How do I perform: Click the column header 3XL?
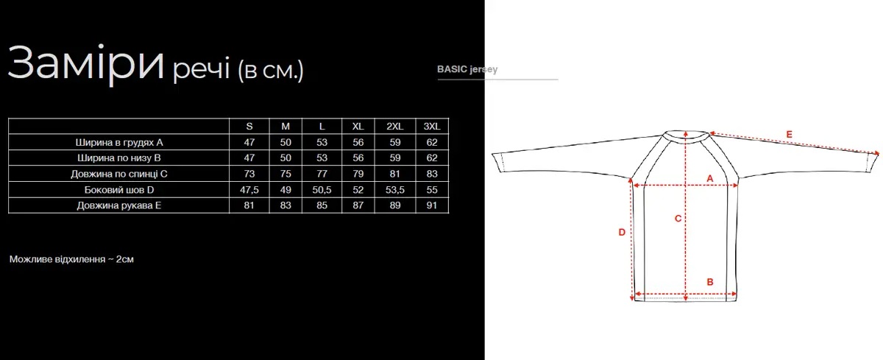pos(432,126)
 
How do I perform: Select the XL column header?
pos(358,126)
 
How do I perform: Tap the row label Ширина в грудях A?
pos(119,142)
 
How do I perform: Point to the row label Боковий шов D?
pos(119,190)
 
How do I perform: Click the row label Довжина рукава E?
pos(119,205)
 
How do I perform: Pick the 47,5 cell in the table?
pos(249,190)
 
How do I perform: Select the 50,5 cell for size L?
pos(322,190)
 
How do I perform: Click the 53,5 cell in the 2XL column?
pos(395,190)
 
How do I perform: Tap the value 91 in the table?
pos(432,205)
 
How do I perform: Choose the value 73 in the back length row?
pos(249,174)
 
